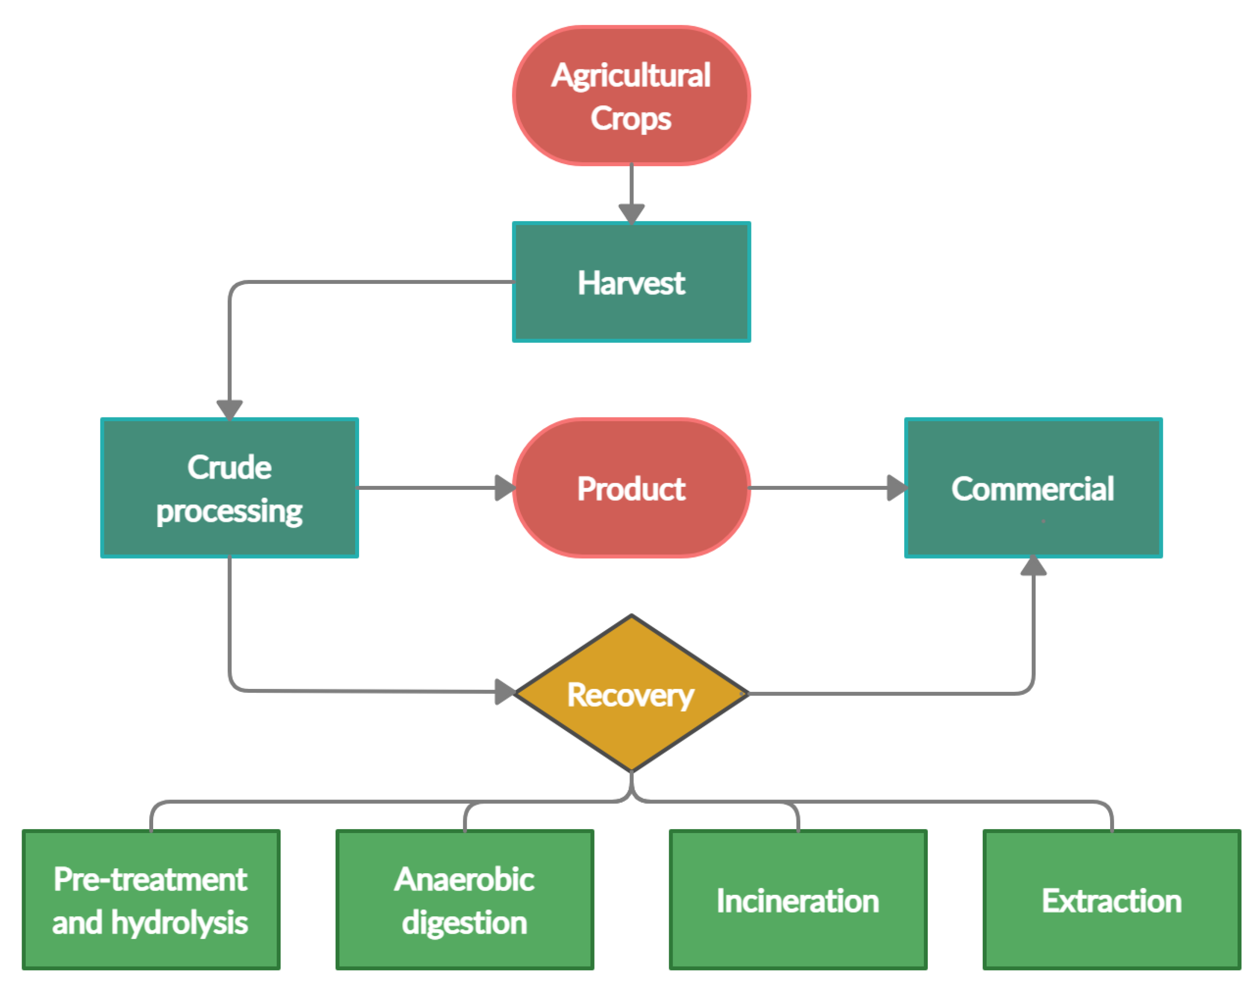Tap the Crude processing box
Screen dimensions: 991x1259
229,487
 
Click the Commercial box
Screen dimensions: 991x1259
1032,487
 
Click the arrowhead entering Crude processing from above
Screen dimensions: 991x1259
229,409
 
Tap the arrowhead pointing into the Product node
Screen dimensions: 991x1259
504,487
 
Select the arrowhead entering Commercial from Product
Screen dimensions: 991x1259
897,487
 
